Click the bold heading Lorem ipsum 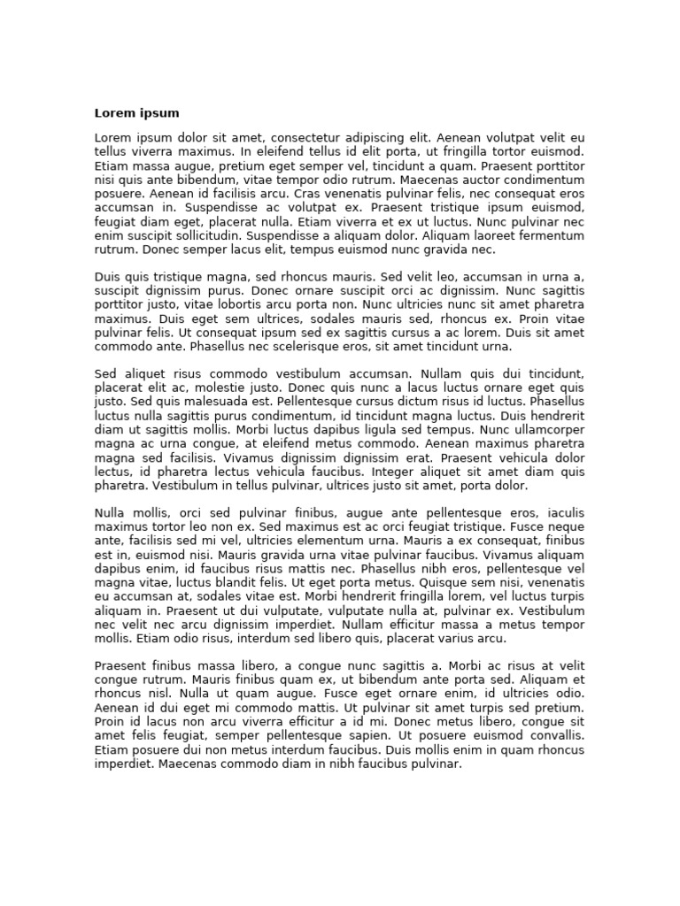pos(136,113)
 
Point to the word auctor pos(475,180)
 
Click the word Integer pos(380,472)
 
